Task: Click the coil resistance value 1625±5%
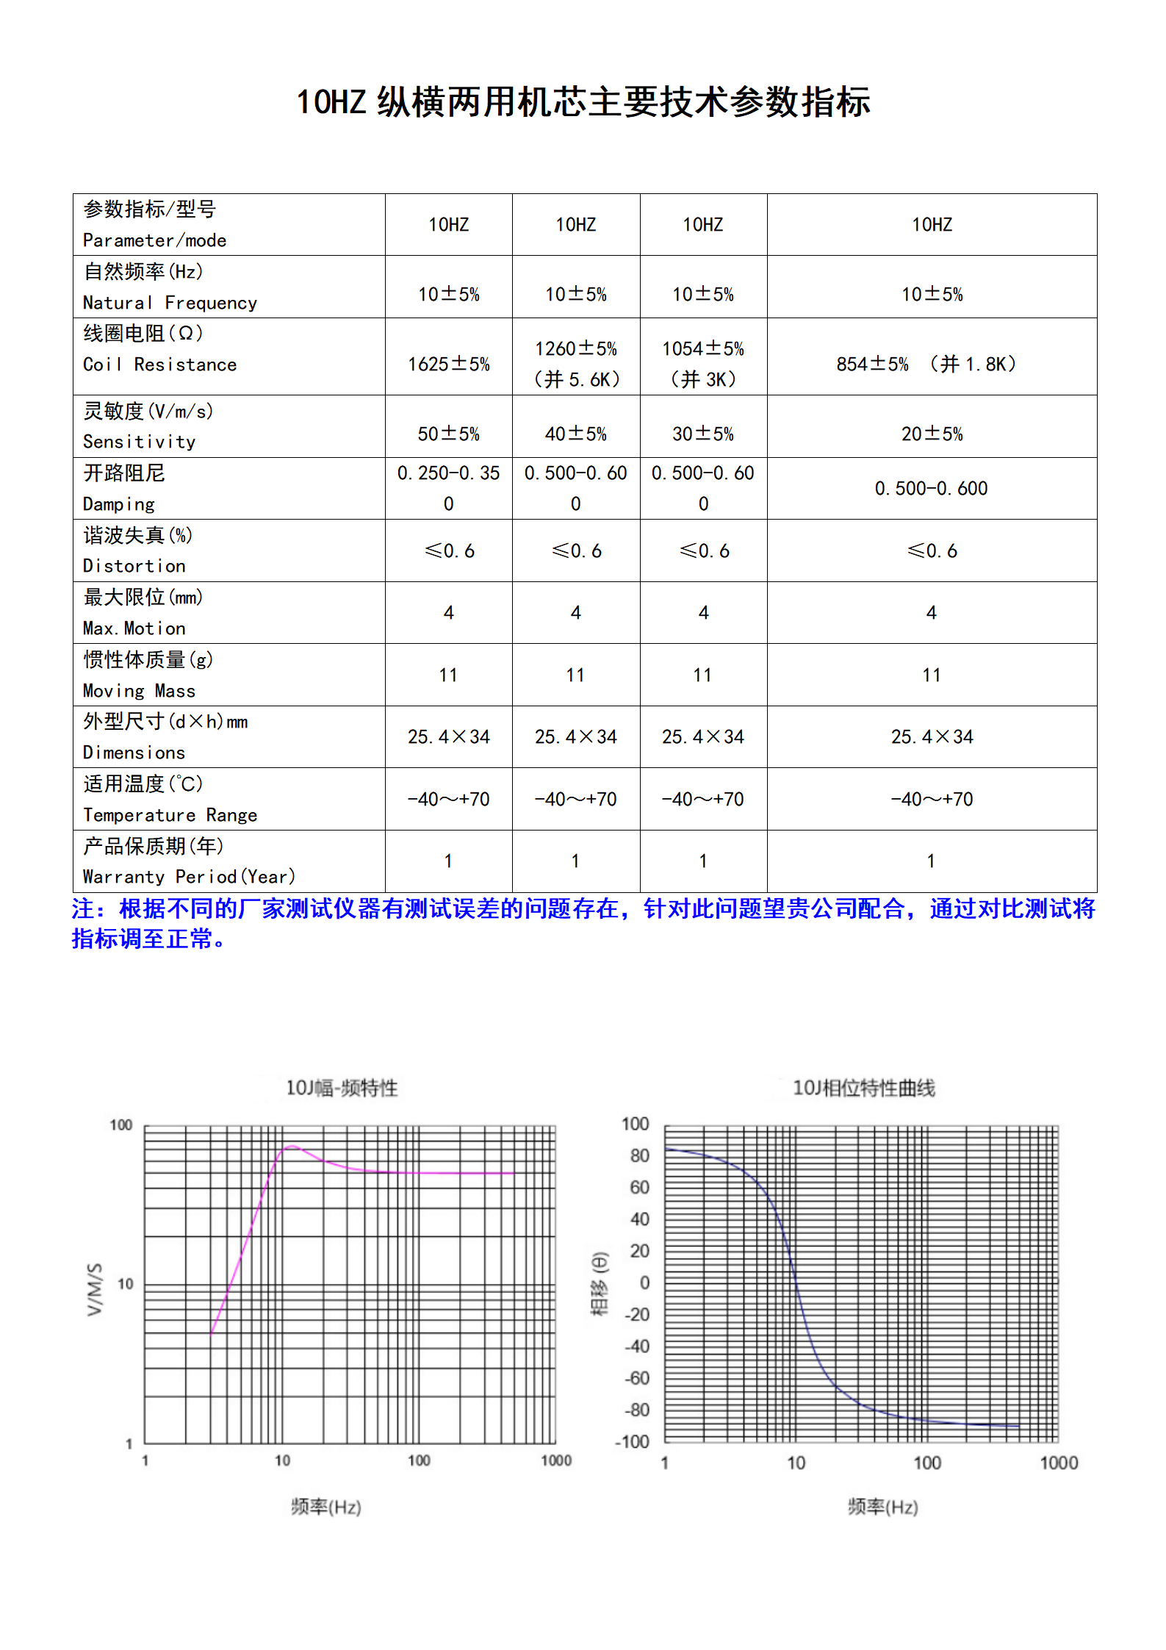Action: tap(448, 364)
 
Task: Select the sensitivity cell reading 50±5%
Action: tap(448, 434)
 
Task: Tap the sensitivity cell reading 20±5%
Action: tap(932, 434)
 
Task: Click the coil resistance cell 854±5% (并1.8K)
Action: tap(926, 364)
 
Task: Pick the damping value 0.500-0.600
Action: tap(931, 488)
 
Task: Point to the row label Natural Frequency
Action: tap(170, 302)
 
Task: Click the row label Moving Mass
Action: tap(139, 690)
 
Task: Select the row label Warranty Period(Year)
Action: tap(189, 876)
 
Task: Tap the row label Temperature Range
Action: tap(170, 814)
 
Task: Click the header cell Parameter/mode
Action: tap(154, 240)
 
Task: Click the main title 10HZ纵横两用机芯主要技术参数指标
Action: tap(583, 101)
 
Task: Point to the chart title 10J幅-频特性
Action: tap(342, 1088)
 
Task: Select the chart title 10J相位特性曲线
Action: tap(863, 1088)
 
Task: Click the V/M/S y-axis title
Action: tap(95, 1289)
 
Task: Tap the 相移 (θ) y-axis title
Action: tap(600, 1283)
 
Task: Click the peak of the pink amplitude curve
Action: tap(292, 1146)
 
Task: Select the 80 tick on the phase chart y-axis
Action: tap(640, 1155)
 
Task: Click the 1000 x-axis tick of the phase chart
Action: tap(1059, 1463)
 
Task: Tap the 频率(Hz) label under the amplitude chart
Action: tap(325, 1507)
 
